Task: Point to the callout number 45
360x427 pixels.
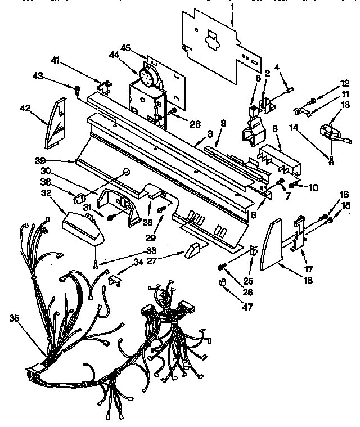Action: click(125, 47)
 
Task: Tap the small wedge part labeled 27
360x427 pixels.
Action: click(192, 250)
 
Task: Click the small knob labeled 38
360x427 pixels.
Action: click(79, 197)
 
